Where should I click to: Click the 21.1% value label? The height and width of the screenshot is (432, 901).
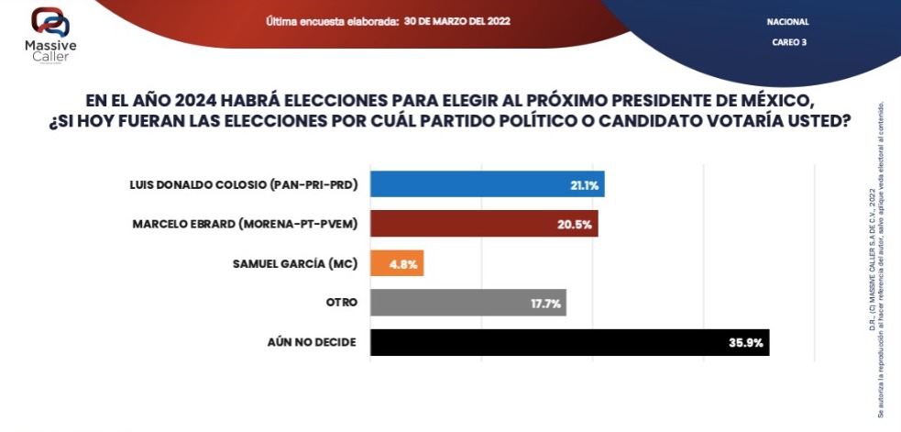[584, 185]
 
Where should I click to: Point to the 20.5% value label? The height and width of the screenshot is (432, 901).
[577, 225]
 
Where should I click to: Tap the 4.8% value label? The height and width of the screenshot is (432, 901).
[405, 264]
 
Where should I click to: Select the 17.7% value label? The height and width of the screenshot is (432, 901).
[546, 304]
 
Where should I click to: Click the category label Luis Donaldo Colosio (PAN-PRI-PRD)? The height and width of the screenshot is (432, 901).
[244, 185]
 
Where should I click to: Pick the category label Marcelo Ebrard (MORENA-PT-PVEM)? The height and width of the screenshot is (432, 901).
[245, 225]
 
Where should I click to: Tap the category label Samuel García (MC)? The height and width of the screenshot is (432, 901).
[295, 264]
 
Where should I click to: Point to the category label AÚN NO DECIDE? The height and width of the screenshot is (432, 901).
[312, 343]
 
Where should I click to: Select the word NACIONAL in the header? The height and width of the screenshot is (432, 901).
[787, 21]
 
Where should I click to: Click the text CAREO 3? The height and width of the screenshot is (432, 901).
[787, 42]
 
